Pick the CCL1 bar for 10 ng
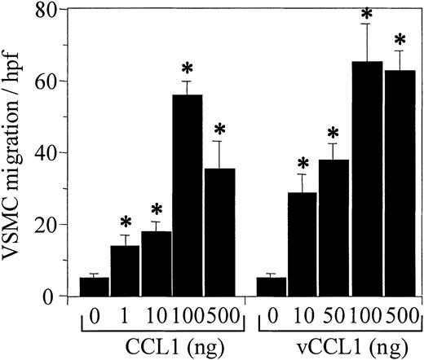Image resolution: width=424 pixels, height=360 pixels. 157,264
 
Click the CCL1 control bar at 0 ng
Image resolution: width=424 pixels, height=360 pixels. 95,287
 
